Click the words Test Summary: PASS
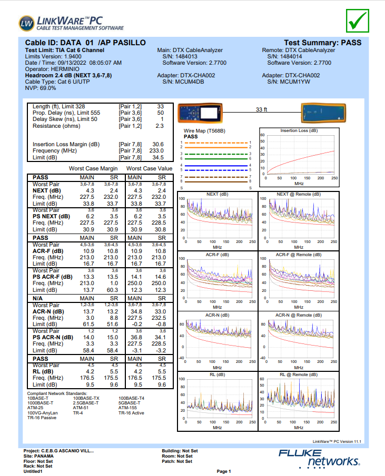[x=322, y=42]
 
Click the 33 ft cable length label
[x=261, y=109]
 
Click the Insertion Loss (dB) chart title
[x=299, y=130]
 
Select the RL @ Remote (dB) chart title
[x=299, y=375]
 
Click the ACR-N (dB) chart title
[x=217, y=315]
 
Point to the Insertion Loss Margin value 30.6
[x=157, y=144]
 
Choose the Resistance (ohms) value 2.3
[x=160, y=126]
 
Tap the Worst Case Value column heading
[x=150, y=168]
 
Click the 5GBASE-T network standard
[x=130, y=403]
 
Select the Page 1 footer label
[x=223, y=471]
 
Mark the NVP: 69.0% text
[x=41, y=88]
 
